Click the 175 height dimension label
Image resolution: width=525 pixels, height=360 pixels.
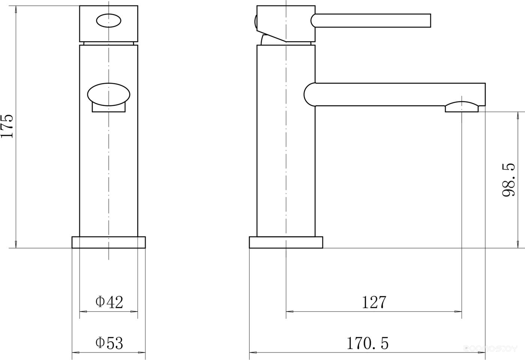tap(7, 126)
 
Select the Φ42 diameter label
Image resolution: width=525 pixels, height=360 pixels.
tap(109, 302)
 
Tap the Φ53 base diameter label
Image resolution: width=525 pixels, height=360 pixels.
tap(109, 343)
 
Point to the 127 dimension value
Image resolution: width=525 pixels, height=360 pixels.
tap(374, 302)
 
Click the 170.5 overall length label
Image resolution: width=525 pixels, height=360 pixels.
tap(367, 343)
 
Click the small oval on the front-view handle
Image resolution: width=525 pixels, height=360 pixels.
tap(108, 21)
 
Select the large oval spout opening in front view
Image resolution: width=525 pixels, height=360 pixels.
tap(109, 94)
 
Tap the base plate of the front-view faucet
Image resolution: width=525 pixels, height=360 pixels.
tap(108, 242)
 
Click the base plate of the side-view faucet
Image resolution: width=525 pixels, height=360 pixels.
tap(286, 242)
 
